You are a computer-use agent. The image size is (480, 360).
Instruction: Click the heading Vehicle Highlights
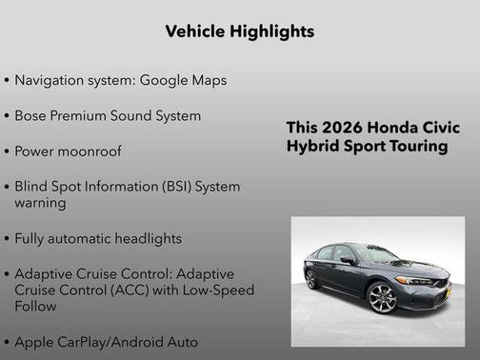(240, 31)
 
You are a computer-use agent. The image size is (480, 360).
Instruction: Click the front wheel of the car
(382, 298)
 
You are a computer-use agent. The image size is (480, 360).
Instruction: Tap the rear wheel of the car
(311, 280)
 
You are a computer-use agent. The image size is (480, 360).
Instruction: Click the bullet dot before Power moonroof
(8, 151)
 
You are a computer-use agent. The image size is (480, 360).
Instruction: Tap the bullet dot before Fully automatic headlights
(8, 239)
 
